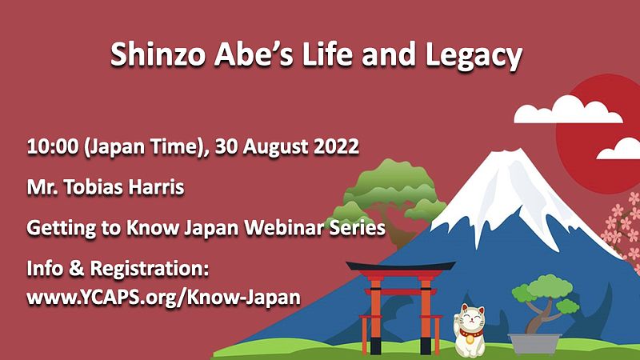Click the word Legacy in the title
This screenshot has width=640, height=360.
point(474,55)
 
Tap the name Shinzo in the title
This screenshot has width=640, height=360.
point(158,54)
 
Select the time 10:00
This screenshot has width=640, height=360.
point(52,146)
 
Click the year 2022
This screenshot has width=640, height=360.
point(336,146)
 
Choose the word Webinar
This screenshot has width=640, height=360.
point(284,227)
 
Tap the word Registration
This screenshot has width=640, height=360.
point(150,270)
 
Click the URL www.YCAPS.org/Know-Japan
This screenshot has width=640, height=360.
point(164,298)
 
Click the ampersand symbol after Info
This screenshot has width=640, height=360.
point(76,269)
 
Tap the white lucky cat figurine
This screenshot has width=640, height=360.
point(470,330)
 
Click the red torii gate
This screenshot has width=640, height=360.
point(401,307)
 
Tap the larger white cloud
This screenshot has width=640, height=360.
point(567,110)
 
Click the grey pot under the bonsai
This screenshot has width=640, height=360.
point(534,344)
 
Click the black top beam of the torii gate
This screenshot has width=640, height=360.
point(401,266)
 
